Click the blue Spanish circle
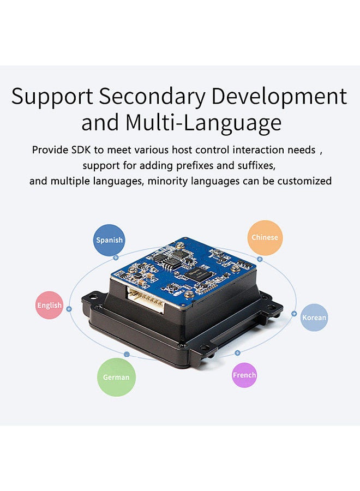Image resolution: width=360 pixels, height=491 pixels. (110, 239)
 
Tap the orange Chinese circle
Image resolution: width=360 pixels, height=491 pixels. (265, 237)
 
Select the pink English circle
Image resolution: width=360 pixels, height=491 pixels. (50, 305)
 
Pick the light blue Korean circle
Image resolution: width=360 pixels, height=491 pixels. (314, 318)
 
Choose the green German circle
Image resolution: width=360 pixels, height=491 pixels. (116, 377)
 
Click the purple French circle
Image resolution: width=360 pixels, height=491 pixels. (244, 375)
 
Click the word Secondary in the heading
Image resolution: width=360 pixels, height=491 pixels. (152, 97)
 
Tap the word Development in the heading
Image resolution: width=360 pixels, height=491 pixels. (279, 97)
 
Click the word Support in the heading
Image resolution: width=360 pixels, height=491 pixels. (52, 97)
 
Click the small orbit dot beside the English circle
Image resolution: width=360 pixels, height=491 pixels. (69, 309)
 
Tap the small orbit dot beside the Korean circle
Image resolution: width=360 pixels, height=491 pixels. (295, 314)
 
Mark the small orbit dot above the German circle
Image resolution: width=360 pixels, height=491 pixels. (127, 355)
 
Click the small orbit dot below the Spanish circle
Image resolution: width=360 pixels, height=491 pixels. (115, 257)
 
